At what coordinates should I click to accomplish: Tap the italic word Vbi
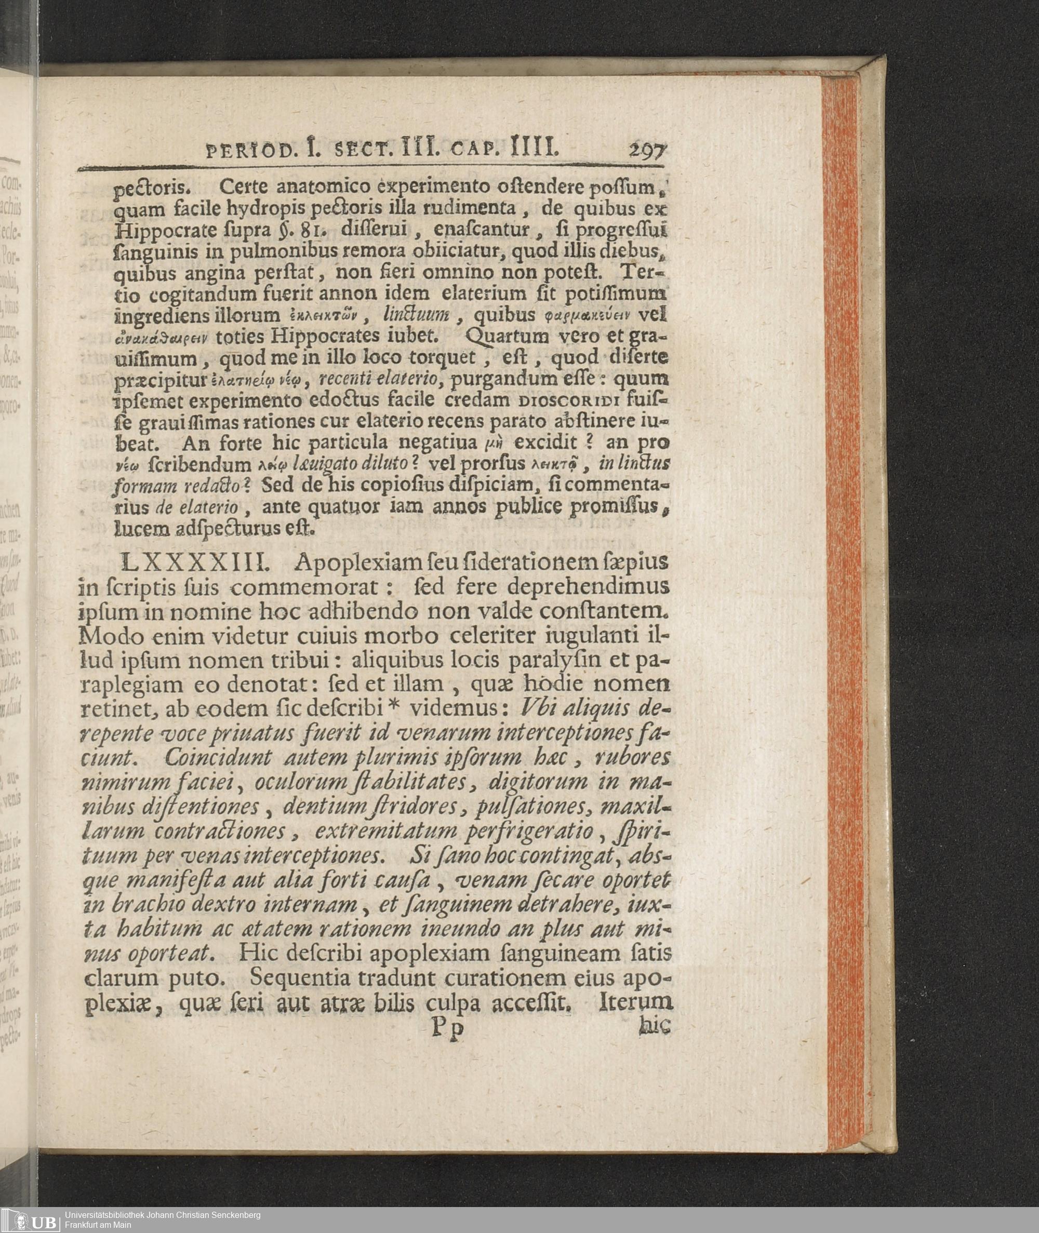click(533, 709)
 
